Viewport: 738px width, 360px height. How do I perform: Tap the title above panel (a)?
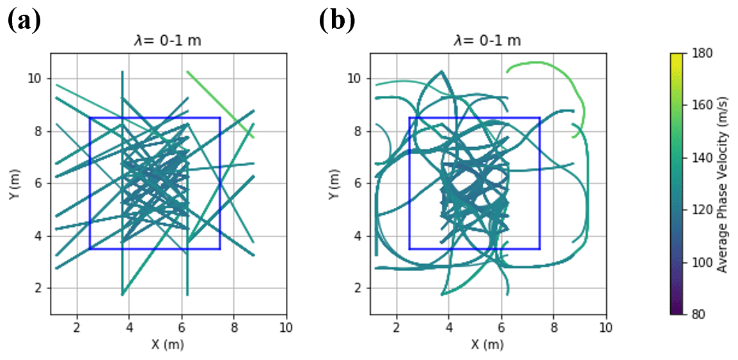[x=168, y=42]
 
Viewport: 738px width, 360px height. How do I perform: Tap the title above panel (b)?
[x=487, y=42]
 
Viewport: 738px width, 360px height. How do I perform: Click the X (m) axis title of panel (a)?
[x=168, y=343]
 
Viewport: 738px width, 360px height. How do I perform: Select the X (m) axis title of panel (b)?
[x=487, y=343]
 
